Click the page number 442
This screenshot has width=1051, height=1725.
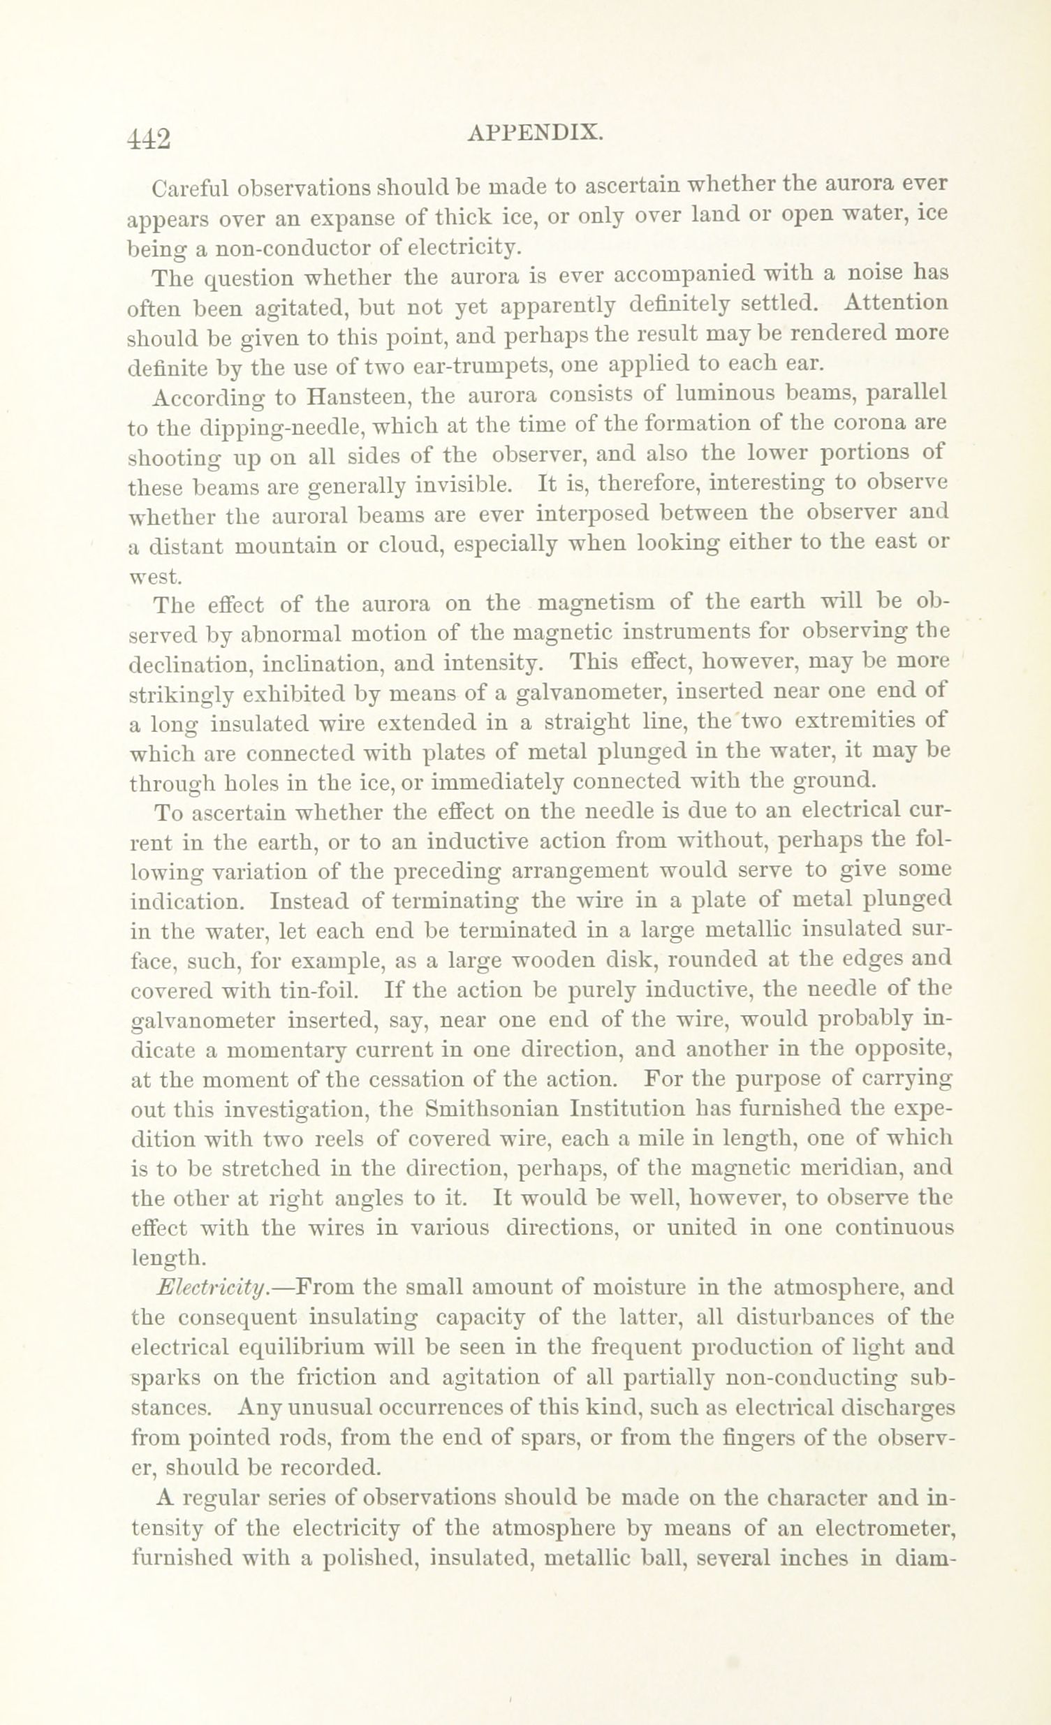coord(149,138)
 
